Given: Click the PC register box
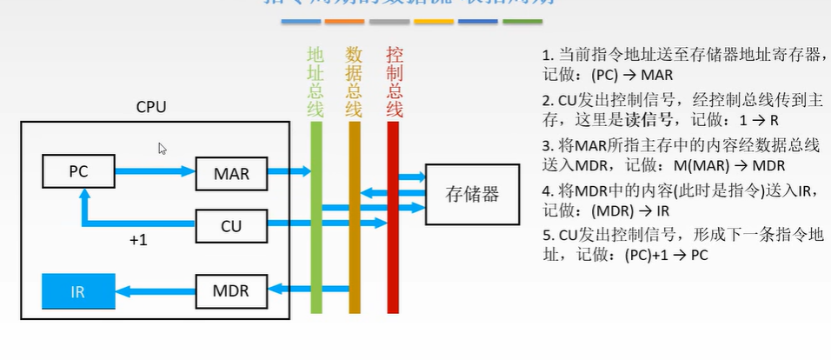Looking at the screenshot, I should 78,170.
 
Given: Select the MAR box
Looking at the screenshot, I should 231,174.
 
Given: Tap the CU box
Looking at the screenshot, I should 231,227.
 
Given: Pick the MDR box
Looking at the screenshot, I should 231,290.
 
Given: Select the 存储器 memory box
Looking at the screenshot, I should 472,194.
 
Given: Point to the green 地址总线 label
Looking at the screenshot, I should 315,82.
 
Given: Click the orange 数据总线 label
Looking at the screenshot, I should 354,82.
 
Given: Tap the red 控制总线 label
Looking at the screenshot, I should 394,82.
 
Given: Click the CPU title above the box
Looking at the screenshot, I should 151,107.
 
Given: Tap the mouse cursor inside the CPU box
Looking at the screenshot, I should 163,149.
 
